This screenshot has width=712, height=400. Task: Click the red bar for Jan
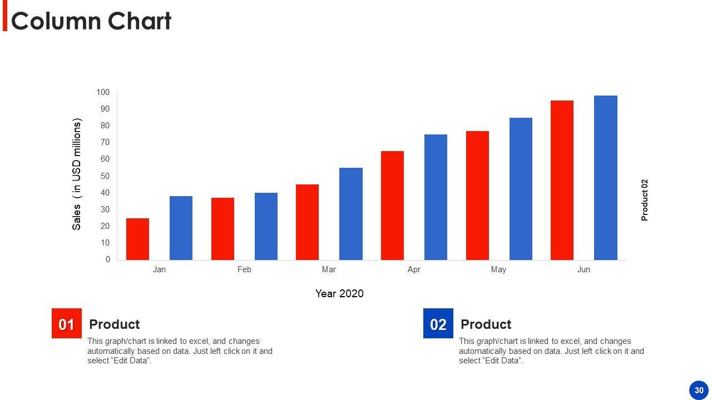[x=137, y=239]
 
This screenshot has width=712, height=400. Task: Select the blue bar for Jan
[x=181, y=228]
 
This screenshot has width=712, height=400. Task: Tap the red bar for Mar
[x=307, y=222]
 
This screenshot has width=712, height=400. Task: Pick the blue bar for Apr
[x=436, y=197]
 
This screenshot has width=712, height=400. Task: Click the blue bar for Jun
[x=605, y=178]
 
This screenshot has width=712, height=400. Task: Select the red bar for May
[x=477, y=196]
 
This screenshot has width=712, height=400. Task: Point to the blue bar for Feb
[x=266, y=226]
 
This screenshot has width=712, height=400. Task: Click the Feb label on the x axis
[x=244, y=269]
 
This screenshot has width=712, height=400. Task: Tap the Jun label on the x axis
[x=584, y=269]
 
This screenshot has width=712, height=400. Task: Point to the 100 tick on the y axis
[x=103, y=92]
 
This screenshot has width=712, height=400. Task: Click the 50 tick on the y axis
[x=105, y=176]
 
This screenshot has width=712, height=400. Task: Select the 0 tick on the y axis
[x=108, y=259]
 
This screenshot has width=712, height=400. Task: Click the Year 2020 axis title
[x=339, y=293]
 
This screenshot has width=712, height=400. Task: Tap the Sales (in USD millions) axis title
[x=77, y=174]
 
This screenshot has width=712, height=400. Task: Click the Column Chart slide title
[x=91, y=21]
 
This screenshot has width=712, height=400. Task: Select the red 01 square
[x=67, y=323]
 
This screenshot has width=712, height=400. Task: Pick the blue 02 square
[x=438, y=323]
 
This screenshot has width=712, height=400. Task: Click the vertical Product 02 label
[x=645, y=200]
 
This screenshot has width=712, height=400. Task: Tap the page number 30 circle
[x=699, y=390]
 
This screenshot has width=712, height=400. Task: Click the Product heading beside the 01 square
[x=114, y=324]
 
